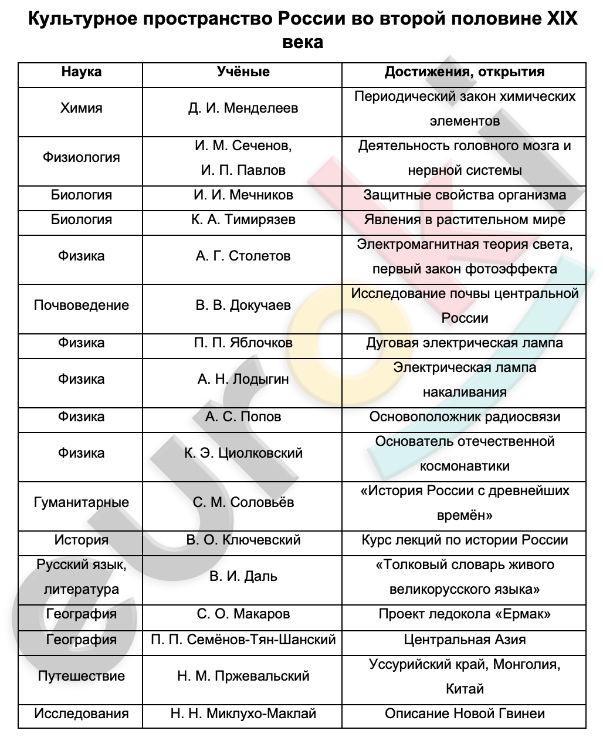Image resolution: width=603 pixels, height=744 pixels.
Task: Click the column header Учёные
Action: coord(243,72)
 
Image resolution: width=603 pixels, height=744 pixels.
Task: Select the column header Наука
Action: coord(81,72)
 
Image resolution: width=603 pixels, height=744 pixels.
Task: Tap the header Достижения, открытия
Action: coord(464,72)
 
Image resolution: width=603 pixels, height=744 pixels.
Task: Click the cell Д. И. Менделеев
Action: coord(243,109)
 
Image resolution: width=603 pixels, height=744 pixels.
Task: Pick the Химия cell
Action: coord(81,109)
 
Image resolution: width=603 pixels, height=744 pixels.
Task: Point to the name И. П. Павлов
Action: coord(243,171)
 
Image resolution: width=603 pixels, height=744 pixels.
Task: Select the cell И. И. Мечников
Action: coord(243,195)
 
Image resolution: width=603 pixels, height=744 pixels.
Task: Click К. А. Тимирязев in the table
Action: coord(243,220)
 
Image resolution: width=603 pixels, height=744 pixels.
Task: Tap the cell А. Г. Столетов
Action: coord(243,256)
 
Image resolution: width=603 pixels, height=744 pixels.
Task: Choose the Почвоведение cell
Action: coord(81,306)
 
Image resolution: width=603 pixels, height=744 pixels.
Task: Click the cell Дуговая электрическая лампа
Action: coord(464,343)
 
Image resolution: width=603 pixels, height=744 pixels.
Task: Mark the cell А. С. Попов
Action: coord(243,417)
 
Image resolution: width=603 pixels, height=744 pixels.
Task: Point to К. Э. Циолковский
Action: coord(243,454)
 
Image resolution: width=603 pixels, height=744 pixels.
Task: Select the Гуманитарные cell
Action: coord(81,503)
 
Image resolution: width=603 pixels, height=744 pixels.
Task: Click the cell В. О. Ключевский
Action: coord(243,540)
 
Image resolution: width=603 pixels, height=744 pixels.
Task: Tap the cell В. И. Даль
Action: coord(243,577)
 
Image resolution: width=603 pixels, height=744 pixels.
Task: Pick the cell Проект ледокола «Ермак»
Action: coord(464,614)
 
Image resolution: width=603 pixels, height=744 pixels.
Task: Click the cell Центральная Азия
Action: coord(464,640)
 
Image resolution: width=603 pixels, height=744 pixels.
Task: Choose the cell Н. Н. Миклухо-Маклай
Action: coord(243,714)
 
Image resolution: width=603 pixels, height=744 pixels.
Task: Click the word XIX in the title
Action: coord(562,19)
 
